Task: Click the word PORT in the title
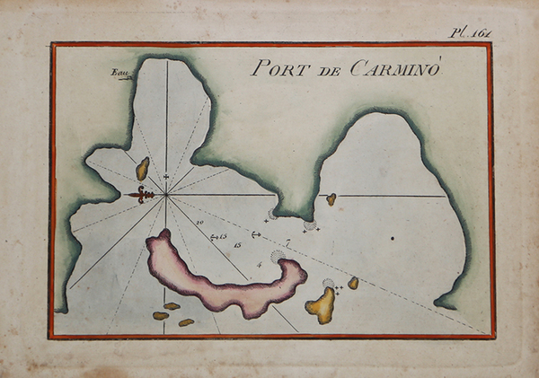click(x=276, y=68)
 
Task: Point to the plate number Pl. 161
click(x=470, y=33)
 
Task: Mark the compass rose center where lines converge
click(x=166, y=194)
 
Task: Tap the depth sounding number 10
click(x=199, y=221)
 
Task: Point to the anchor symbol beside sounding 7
click(x=255, y=235)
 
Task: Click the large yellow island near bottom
click(x=321, y=305)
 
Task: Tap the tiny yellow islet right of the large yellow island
click(x=353, y=283)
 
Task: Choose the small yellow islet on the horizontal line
click(x=331, y=199)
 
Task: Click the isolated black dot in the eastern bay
click(x=392, y=239)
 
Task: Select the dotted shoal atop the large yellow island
click(x=328, y=284)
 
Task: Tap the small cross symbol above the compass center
click(x=166, y=177)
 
